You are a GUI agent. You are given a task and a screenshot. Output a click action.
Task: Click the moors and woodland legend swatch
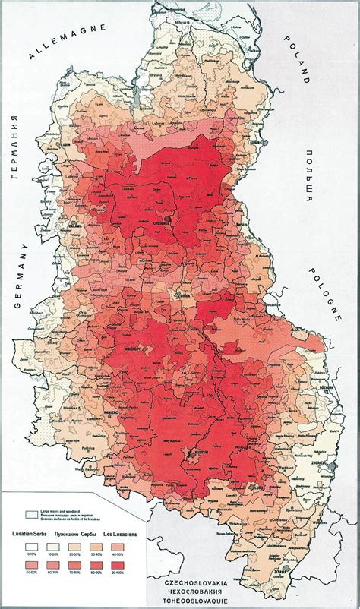(32, 515)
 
